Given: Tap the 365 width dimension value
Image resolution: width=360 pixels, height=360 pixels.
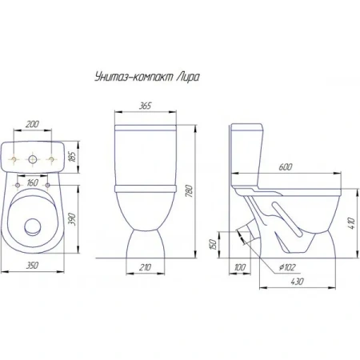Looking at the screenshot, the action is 145,106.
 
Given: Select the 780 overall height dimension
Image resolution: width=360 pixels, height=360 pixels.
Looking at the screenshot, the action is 189,190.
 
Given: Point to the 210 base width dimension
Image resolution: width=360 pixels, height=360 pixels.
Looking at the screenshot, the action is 145,267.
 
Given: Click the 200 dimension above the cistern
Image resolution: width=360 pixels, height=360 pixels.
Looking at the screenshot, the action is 32,124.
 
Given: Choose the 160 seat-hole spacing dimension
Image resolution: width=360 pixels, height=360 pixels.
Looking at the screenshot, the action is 32,183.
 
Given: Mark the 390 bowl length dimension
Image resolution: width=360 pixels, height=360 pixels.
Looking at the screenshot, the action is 72,219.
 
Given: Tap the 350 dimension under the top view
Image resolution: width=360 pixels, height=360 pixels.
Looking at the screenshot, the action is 32,266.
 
